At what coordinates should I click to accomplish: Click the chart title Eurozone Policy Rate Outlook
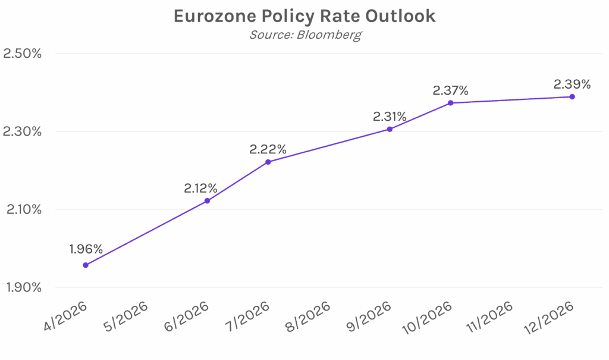(x=304, y=16)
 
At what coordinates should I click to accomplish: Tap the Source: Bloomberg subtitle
(x=304, y=35)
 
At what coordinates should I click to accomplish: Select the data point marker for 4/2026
(x=86, y=265)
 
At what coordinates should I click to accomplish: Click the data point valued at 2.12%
(x=207, y=201)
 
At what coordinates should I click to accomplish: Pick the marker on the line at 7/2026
(x=268, y=162)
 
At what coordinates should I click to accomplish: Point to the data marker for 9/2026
(x=390, y=129)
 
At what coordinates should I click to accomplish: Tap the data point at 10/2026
(x=451, y=103)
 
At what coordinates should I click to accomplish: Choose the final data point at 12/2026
(x=572, y=96)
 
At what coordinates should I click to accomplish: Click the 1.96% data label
(x=86, y=249)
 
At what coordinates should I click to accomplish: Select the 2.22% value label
(x=268, y=149)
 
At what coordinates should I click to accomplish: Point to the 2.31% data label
(x=390, y=117)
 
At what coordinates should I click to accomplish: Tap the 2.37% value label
(x=451, y=90)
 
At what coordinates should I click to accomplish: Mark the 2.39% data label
(x=572, y=84)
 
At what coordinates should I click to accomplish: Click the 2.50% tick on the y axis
(x=22, y=54)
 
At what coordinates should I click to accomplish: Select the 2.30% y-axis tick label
(x=22, y=132)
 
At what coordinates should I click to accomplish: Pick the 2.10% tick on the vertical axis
(x=22, y=209)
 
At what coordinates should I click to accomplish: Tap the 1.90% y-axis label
(x=22, y=287)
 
